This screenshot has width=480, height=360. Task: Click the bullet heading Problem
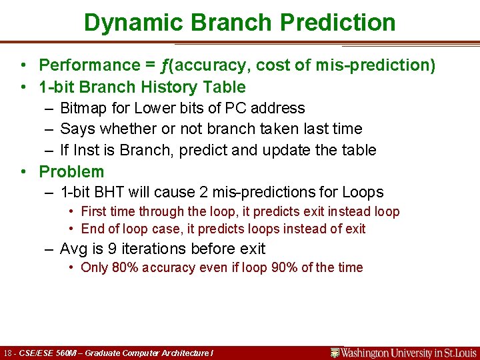(71, 171)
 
